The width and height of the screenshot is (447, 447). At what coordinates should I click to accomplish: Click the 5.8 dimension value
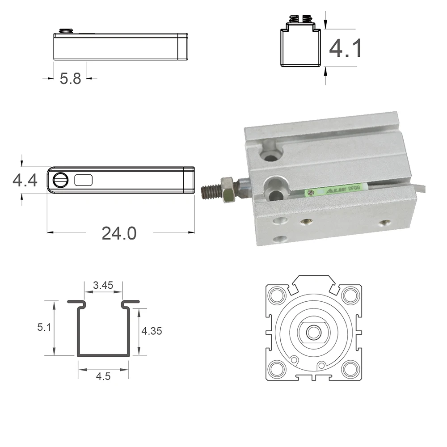pyautogui.click(x=70, y=79)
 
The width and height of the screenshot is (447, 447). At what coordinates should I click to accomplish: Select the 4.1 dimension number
pyautogui.click(x=345, y=48)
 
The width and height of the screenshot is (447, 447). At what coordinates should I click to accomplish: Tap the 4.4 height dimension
pyautogui.click(x=25, y=181)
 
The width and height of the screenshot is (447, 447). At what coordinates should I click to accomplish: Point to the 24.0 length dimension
pyautogui.click(x=119, y=232)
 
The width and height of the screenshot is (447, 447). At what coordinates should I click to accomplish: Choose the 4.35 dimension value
pyautogui.click(x=152, y=331)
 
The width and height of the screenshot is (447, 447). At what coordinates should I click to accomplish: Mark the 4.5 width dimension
pyautogui.click(x=103, y=376)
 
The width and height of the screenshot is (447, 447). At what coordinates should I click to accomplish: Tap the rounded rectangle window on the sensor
pyautogui.click(x=84, y=180)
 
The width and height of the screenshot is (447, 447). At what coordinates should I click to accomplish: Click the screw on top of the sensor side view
pyautogui.click(x=66, y=31)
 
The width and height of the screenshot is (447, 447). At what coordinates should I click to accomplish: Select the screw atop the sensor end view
pyautogui.click(x=300, y=19)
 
